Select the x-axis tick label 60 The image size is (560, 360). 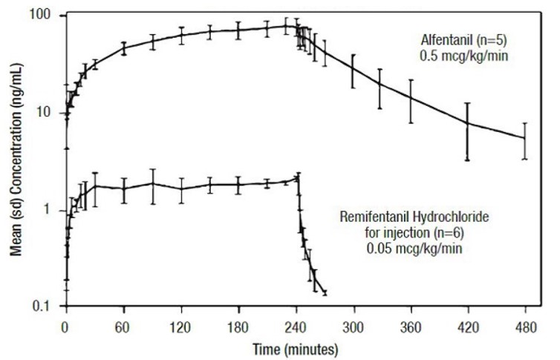pos(124,324)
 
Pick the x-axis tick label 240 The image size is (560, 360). pos(296,324)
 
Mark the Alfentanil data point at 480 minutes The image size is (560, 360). pos(525,138)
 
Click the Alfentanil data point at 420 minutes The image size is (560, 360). pos(468,123)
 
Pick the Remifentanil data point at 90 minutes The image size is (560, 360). pos(152,183)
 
